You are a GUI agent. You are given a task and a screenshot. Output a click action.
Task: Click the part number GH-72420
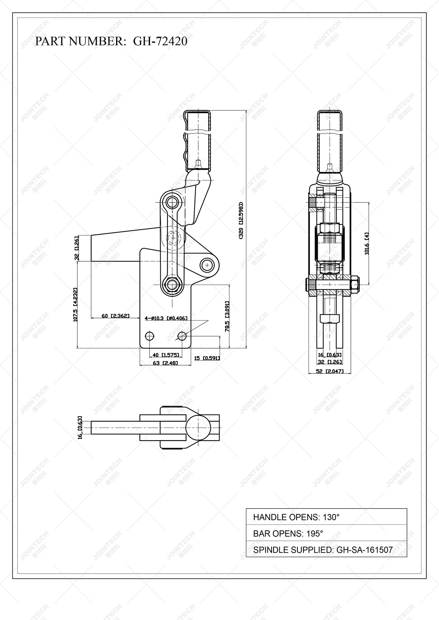click(160, 41)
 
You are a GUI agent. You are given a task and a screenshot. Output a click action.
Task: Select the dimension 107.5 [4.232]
click(76, 305)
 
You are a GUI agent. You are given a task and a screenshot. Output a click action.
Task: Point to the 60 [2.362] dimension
click(115, 316)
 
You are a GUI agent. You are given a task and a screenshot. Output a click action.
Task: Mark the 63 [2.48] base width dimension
click(166, 363)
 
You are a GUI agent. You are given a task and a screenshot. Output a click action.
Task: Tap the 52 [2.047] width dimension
click(330, 371)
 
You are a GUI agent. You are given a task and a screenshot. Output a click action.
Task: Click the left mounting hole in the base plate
click(150, 336)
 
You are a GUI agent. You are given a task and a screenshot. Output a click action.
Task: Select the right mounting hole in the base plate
click(182, 336)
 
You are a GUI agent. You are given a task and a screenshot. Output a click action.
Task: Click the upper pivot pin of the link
click(172, 202)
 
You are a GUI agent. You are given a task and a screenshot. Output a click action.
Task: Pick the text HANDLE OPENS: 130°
click(296, 517)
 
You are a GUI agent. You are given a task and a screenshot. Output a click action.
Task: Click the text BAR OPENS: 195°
click(288, 533)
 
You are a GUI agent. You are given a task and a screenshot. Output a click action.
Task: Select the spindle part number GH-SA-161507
click(364, 550)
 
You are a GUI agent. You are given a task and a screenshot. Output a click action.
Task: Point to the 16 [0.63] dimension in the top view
click(80, 428)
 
